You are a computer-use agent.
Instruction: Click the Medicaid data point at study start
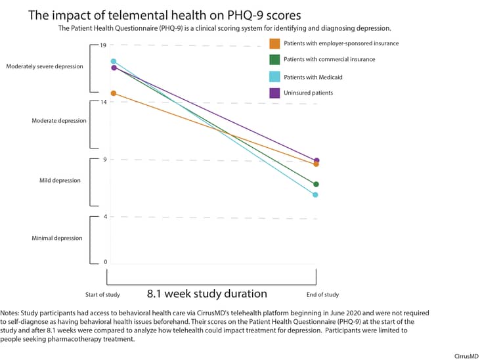coord(114,61)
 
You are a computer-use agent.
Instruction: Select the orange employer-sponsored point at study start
coord(114,93)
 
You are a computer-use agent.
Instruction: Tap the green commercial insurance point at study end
coord(316,184)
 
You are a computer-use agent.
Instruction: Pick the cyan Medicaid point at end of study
coord(315,195)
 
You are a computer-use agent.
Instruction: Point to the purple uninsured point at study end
coord(317,160)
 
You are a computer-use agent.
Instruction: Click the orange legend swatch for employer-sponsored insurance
coord(274,43)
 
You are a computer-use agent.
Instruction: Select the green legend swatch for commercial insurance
coord(274,59)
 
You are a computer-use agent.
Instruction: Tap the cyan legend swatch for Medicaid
coord(274,77)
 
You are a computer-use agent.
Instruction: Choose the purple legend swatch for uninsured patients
coord(274,93)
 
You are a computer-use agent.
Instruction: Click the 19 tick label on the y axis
coord(103,45)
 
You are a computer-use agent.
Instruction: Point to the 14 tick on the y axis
coord(103,102)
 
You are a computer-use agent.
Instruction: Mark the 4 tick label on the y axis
coord(105,217)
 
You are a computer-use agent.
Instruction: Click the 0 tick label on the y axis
coord(105,261)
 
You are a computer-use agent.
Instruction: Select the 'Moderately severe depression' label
coord(45,66)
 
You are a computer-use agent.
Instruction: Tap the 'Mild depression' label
coord(60,181)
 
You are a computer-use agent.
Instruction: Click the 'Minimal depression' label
coord(57,238)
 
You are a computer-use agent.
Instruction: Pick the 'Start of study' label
coord(102,295)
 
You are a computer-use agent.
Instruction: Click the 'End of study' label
coord(322,295)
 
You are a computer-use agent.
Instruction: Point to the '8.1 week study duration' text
coord(207,294)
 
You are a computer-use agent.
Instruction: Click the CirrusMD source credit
coord(466,356)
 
